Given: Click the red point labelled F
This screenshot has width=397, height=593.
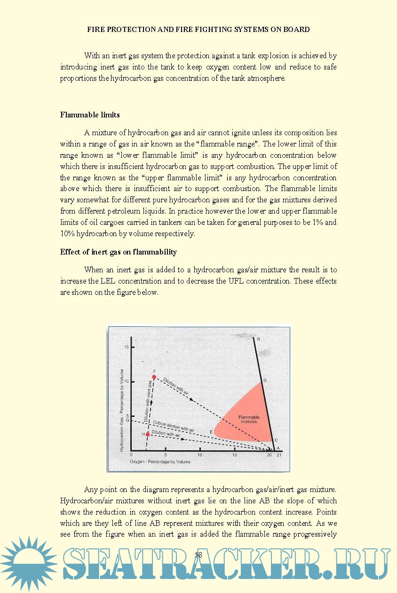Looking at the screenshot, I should click(154, 377).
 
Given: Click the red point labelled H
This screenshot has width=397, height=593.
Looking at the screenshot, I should click(148, 434).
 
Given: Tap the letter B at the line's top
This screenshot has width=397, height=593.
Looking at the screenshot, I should click(258, 339).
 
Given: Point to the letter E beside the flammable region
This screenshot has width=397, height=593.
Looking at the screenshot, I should click(211, 432).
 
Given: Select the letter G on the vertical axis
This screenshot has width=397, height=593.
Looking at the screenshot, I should click(127, 420).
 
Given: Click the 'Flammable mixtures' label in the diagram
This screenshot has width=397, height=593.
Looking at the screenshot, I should click(249, 419).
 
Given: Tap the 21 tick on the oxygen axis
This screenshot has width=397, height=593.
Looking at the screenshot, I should click(279, 455).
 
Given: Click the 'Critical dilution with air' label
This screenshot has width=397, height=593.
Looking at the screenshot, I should click(174, 426).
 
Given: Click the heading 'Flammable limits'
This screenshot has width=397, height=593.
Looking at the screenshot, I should click(90, 115).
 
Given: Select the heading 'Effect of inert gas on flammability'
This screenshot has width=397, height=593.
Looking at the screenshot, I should click(118, 252).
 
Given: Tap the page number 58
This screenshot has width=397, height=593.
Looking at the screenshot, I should click(198, 554).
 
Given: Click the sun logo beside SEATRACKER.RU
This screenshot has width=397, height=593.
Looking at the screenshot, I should click(29, 563).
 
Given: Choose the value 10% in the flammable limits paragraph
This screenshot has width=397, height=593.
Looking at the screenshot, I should click(68, 234).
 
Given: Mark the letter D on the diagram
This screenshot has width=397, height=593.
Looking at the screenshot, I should click(265, 380).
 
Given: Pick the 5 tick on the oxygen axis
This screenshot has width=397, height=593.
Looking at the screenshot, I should click(166, 455).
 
